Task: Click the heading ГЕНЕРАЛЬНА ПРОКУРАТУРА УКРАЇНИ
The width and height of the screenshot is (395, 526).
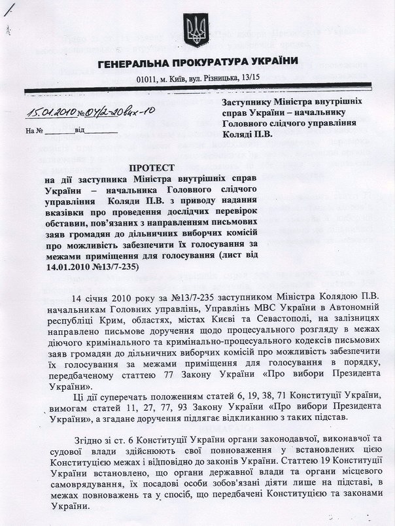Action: [x=198, y=62]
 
